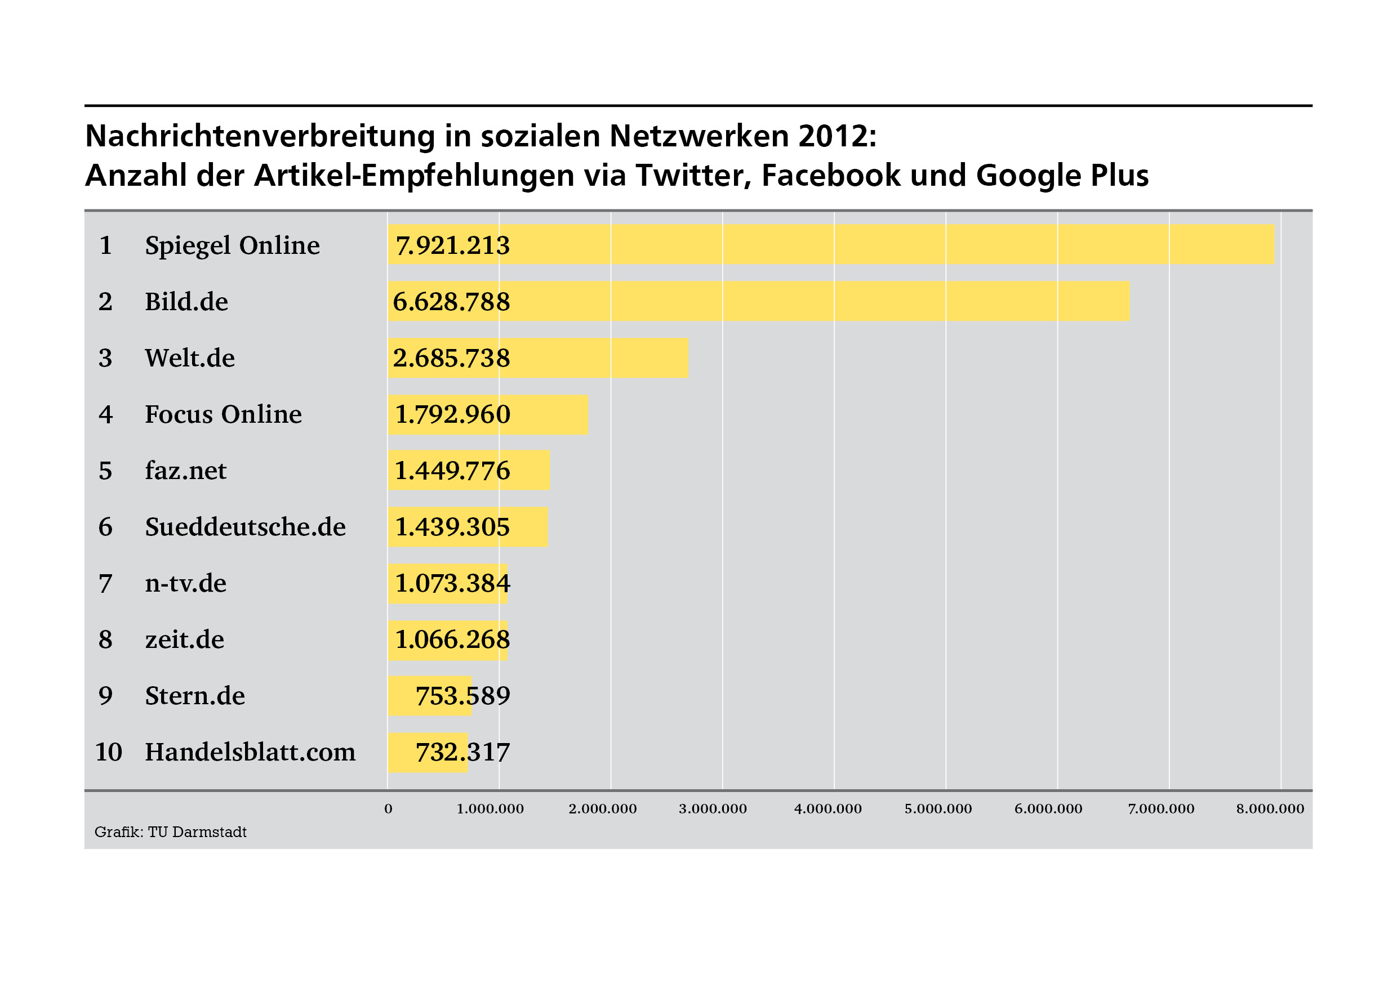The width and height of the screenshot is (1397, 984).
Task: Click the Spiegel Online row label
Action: click(232, 245)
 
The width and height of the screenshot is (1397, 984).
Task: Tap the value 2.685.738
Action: click(451, 358)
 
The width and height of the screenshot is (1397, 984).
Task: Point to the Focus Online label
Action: click(223, 415)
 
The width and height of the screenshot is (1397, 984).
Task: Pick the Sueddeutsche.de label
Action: click(244, 527)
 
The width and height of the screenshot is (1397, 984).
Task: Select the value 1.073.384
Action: click(452, 584)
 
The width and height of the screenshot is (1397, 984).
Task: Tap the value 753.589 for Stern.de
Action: click(462, 696)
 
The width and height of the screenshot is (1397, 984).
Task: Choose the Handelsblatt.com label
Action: click(250, 752)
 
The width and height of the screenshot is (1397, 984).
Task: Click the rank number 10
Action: click(108, 752)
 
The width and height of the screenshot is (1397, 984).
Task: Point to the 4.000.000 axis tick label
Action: click(827, 809)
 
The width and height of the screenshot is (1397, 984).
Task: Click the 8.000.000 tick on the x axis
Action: click(1270, 809)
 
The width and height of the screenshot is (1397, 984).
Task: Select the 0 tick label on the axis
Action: click(388, 809)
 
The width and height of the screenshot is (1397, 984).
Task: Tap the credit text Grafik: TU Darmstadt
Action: click(170, 832)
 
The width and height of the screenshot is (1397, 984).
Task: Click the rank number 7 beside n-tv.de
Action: click(105, 584)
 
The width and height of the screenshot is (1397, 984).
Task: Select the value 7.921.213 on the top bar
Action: click(452, 245)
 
